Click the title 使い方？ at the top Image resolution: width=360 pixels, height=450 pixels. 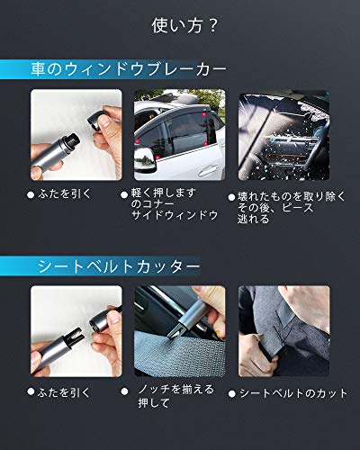click(180, 26)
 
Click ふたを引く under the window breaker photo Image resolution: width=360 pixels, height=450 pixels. click(65, 193)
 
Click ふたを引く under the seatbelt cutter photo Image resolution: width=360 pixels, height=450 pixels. click(65, 392)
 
